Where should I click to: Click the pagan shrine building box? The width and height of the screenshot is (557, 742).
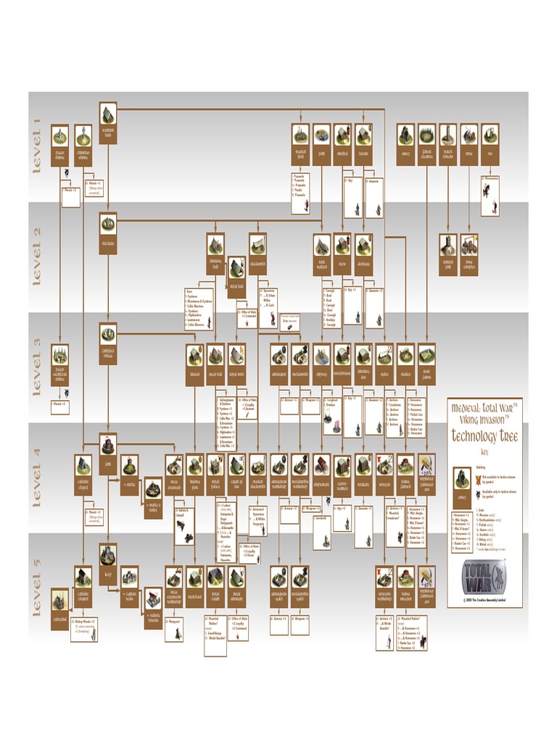[59, 145]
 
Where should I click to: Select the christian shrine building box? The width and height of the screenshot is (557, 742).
[83, 145]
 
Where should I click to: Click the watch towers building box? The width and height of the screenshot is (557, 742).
[448, 144]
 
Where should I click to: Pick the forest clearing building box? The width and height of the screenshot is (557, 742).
[426, 144]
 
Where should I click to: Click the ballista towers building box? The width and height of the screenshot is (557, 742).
[153, 607]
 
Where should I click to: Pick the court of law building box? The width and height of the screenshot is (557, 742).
[237, 475]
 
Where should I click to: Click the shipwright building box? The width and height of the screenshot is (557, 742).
[322, 475]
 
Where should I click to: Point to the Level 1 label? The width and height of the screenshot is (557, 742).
[37, 146]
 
